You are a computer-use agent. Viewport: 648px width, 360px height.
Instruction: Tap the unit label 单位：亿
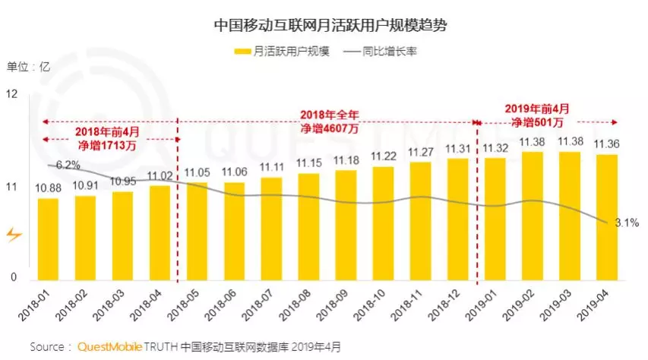[28, 66]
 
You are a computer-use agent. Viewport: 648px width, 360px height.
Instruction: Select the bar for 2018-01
[48, 239]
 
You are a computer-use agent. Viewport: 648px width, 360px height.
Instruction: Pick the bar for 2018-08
[308, 226]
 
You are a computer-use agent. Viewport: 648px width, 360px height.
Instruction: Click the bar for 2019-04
[605, 217]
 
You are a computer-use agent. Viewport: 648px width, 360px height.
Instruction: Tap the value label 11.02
[160, 176]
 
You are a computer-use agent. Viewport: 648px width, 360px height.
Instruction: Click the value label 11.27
[420, 151]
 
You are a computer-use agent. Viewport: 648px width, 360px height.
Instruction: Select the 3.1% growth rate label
[627, 223]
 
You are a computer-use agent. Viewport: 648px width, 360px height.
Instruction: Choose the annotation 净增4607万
[328, 128]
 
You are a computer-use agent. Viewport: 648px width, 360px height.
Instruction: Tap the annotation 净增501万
[537, 122]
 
